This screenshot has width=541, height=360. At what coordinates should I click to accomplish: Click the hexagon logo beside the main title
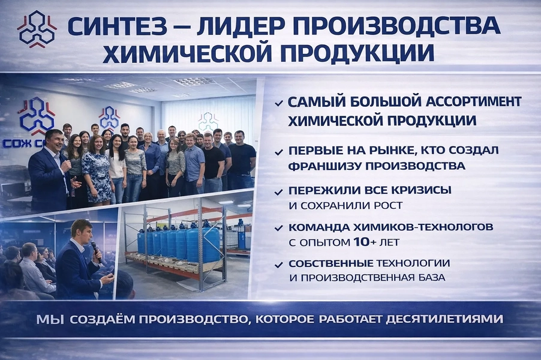[x=37, y=29]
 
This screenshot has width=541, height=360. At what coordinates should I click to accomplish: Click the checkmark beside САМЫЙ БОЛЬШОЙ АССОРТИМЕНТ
[x=279, y=103]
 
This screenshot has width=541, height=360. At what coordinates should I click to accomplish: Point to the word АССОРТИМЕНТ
[x=474, y=102]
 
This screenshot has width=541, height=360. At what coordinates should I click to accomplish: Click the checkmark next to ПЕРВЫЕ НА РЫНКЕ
[x=279, y=152]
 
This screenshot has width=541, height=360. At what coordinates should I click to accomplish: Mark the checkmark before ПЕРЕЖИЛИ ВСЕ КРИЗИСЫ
[x=279, y=192]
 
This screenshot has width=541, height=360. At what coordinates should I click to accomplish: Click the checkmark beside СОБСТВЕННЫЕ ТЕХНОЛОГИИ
[x=279, y=265]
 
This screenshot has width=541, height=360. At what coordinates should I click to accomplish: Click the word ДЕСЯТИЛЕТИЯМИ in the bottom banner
[x=444, y=319]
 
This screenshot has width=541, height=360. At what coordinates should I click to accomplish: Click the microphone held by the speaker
[x=96, y=251]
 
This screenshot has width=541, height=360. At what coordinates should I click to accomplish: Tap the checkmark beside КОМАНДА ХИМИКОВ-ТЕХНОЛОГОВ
[x=279, y=229]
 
